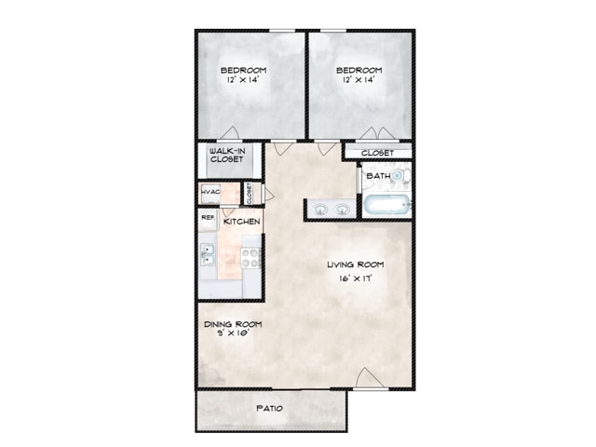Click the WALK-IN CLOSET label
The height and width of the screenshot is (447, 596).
[x=227, y=156]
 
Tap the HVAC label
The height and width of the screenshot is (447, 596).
[x=210, y=191]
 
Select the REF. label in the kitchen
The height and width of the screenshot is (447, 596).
[x=209, y=217]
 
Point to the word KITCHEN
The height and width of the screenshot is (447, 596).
[x=242, y=222]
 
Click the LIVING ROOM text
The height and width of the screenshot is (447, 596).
[x=356, y=264]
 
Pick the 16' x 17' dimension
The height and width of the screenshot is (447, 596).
[x=355, y=278]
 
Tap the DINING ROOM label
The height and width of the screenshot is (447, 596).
[x=233, y=324]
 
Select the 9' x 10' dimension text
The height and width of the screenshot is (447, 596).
[x=233, y=333]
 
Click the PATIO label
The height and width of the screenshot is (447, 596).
[x=269, y=408]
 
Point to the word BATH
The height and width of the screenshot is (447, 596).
[x=378, y=176]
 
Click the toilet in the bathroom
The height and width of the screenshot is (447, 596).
[x=400, y=175]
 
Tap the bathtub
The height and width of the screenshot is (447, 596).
[x=386, y=205]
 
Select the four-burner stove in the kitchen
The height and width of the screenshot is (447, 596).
[x=251, y=258]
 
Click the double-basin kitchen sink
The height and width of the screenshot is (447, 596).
[x=208, y=254]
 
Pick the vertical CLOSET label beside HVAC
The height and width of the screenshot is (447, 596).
[x=250, y=194]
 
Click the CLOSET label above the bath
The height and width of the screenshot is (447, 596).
[x=377, y=153]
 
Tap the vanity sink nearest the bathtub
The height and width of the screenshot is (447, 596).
[x=343, y=209]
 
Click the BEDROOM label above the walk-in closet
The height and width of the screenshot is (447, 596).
[x=244, y=71]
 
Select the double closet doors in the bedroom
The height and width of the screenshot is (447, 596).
[x=378, y=133]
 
